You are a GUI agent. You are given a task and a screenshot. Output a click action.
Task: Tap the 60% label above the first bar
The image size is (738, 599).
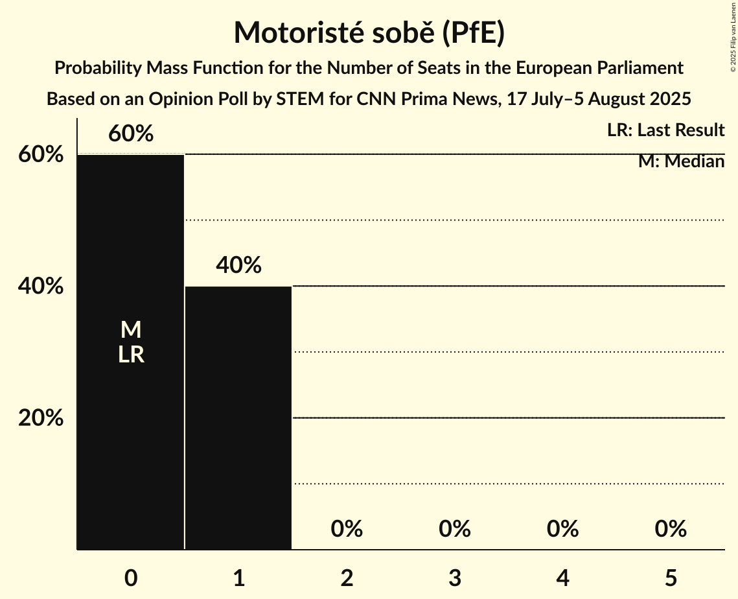(x=130, y=134)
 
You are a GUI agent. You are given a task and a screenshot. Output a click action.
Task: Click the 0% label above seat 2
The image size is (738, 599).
(x=347, y=529)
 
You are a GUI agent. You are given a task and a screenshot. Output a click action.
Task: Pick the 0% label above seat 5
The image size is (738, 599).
(x=671, y=529)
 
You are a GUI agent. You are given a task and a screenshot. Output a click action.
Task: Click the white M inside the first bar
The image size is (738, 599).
(x=130, y=330)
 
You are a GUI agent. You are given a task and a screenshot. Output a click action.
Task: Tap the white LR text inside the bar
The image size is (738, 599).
(x=130, y=355)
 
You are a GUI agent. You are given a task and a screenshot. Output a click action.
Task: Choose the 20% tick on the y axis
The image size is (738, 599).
(x=41, y=418)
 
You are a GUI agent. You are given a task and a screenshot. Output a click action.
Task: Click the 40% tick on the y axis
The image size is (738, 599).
(x=41, y=286)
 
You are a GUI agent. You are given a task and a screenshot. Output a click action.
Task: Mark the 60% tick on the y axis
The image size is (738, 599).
(x=41, y=154)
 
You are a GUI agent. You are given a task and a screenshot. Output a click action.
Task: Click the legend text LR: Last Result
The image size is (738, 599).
(x=665, y=130)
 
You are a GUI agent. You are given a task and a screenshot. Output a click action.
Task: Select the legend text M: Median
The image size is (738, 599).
(x=681, y=161)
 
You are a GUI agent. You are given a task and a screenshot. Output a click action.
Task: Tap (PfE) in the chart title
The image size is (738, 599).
(x=473, y=32)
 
